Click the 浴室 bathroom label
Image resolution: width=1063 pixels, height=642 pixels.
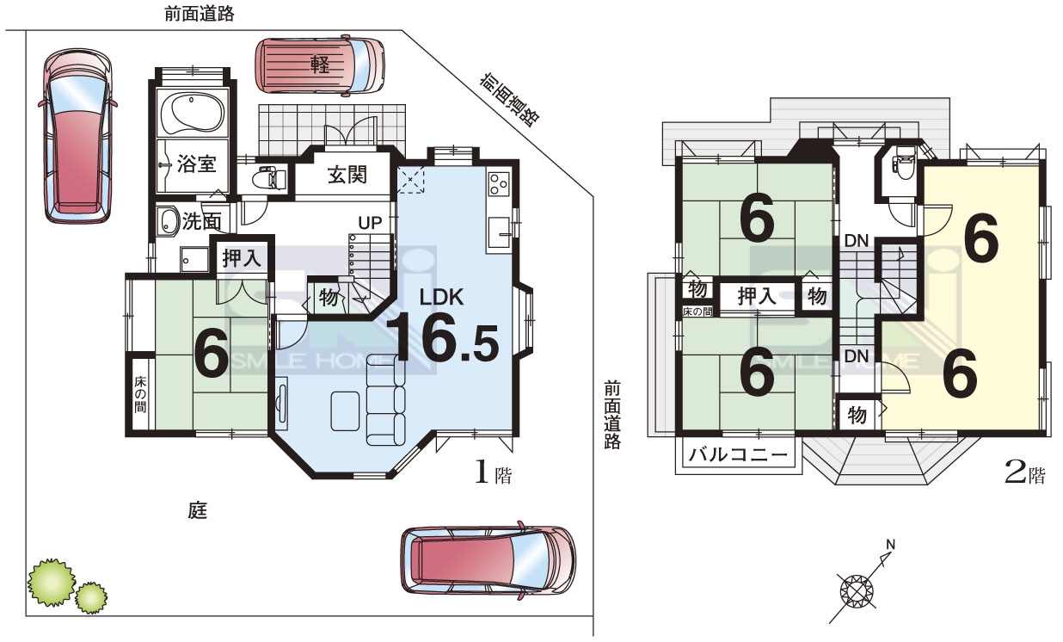[196, 164]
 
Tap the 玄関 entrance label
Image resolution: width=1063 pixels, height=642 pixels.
[347, 176]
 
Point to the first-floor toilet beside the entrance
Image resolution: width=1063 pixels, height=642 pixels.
[267, 179]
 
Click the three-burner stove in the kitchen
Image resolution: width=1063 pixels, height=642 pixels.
[498, 184]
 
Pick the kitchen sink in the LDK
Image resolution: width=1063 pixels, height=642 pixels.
[500, 231]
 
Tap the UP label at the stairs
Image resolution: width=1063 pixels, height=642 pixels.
[370, 223]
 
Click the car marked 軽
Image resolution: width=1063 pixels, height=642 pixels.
[320, 65]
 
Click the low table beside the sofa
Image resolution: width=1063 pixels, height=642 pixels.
[345, 411]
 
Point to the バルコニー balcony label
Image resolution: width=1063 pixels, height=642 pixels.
[738, 455]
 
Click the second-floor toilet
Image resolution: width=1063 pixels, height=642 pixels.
[903, 168]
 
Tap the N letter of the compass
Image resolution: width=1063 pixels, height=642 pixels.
[890, 545]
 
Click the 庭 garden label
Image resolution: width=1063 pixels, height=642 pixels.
[198, 510]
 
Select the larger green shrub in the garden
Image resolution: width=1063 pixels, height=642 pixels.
[52, 583]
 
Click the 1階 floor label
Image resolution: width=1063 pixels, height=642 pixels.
[494, 473]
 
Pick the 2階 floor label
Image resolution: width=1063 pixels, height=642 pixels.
[1025, 473]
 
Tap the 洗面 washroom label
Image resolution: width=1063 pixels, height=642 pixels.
[202, 221]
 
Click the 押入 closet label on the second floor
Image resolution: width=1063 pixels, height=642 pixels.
[757, 296]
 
